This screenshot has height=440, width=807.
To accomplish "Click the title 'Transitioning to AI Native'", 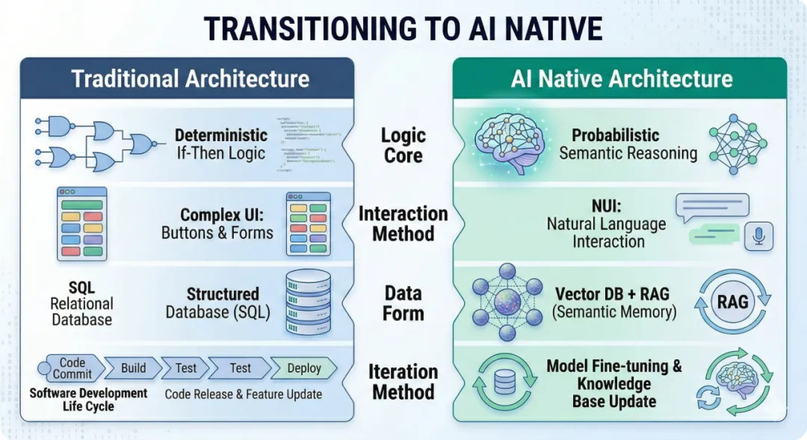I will pyautogui.click(x=403, y=28).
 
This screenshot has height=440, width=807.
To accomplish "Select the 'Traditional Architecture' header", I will pyautogui.click(x=190, y=78).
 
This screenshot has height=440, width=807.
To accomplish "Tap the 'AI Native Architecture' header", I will pyautogui.click(x=621, y=78).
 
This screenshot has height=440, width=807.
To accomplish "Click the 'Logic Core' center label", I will pyautogui.click(x=403, y=146).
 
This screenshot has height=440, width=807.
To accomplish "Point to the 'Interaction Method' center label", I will pyautogui.click(x=403, y=223).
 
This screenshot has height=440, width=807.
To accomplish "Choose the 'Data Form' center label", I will pyautogui.click(x=403, y=303).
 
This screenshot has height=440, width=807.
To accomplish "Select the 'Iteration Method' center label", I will pyautogui.click(x=403, y=382).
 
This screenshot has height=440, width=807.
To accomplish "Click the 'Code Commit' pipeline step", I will pyautogui.click(x=72, y=368).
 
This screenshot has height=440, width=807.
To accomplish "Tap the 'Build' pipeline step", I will pyautogui.click(x=134, y=368).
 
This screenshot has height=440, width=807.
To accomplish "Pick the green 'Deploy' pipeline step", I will pyautogui.click(x=304, y=368).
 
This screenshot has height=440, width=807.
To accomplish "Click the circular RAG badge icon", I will pyautogui.click(x=732, y=302).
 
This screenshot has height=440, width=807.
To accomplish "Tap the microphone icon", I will pyautogui.click(x=759, y=236).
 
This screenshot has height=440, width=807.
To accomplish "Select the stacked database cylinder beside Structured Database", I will pyautogui.click(x=308, y=302).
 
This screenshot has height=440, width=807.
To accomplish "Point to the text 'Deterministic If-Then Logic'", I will pyautogui.click(x=220, y=145).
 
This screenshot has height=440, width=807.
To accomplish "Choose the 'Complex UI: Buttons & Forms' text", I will pyautogui.click(x=217, y=223).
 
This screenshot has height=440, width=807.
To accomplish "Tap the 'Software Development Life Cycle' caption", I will pyautogui.click(x=88, y=400).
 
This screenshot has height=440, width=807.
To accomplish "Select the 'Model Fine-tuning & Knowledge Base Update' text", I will pyautogui.click(x=614, y=383).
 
